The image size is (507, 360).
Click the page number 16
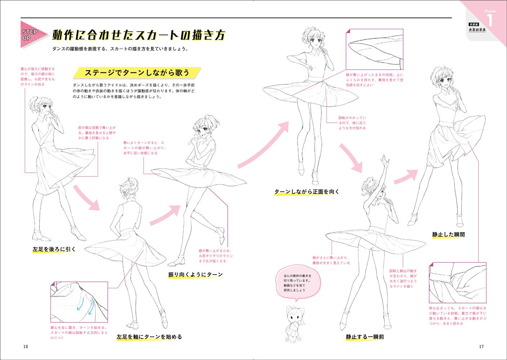(x=25, y=347)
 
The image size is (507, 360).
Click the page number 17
(x=481, y=347)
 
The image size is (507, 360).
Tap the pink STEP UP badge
(x=32, y=35)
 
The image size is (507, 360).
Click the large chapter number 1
(x=489, y=19)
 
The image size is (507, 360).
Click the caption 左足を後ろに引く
(x=54, y=249)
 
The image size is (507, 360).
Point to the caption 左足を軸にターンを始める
(x=149, y=337)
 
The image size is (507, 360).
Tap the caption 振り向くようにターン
(x=195, y=275)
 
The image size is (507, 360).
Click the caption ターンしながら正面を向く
(x=307, y=192)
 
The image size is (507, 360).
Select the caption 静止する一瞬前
(x=365, y=337)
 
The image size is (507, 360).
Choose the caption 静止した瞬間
(x=448, y=234)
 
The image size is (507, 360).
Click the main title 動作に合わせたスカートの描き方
(x=139, y=35)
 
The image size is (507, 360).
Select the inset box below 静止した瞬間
(x=458, y=283)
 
